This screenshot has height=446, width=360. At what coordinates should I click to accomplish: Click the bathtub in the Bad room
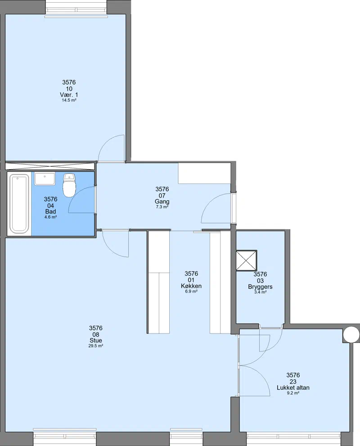click(19, 203)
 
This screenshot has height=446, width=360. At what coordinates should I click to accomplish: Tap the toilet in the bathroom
click(69, 185)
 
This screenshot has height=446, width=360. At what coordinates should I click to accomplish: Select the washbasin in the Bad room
click(45, 179)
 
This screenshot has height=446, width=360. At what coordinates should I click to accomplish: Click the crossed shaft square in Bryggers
click(246, 260)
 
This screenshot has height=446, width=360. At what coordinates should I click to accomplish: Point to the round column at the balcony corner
click(351, 334)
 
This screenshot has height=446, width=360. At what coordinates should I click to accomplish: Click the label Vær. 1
click(69, 95)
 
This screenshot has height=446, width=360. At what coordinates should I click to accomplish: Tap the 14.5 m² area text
click(69, 100)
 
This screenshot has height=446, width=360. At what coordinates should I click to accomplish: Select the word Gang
click(162, 202)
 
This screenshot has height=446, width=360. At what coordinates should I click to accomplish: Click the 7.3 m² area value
click(162, 207)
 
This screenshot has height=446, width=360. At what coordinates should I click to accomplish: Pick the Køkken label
click(191, 286)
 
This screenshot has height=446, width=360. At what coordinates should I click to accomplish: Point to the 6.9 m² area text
click(191, 292)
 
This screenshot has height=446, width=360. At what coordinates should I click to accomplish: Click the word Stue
click(95, 341)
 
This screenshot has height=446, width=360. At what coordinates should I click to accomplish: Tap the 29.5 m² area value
click(95, 346)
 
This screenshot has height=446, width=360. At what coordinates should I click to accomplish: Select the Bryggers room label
click(260, 287)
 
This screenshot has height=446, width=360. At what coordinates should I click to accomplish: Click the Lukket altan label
click(293, 387)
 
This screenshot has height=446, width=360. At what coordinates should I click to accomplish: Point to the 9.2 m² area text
click(293, 393)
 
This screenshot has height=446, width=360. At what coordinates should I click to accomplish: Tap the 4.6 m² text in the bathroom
click(50, 217)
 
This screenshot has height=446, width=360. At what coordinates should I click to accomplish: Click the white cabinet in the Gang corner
click(204, 173)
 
